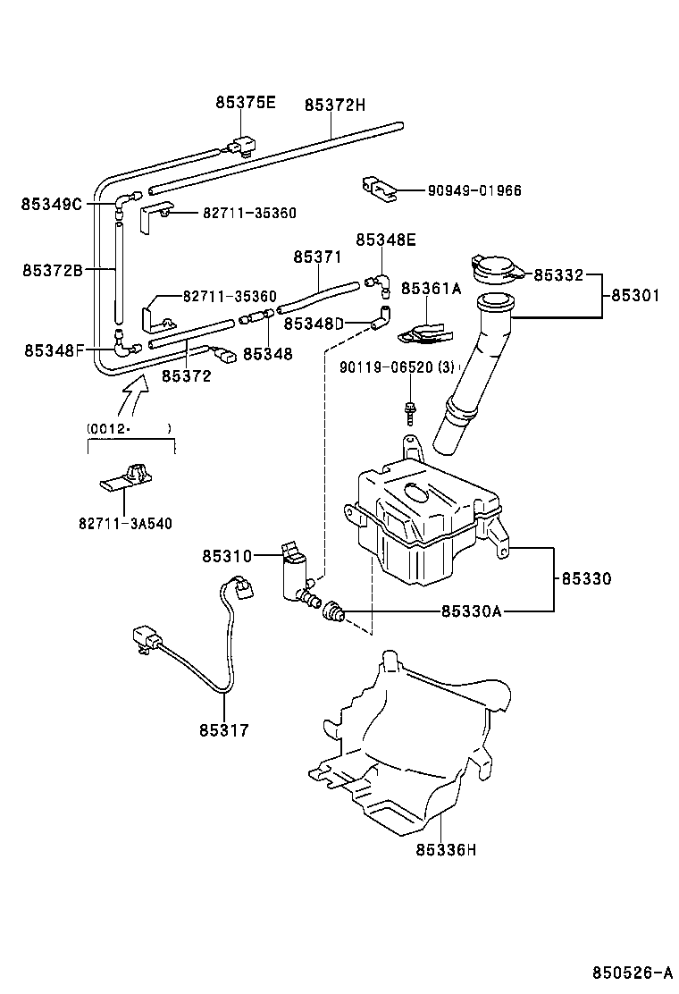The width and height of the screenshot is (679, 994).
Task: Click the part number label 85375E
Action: click(x=245, y=103)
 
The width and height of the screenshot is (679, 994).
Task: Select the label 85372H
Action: click(x=335, y=105)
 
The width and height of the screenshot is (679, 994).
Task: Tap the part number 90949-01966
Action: click(x=474, y=190)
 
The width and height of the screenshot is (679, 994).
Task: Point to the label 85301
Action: click(x=636, y=296)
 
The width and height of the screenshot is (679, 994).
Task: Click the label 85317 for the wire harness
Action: click(x=223, y=730)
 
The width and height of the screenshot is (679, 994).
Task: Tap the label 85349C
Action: click(x=52, y=204)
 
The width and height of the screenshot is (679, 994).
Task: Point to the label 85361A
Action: click(x=431, y=289)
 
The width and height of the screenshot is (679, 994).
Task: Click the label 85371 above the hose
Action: click(x=317, y=257)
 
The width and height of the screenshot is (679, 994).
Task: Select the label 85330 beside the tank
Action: click(x=587, y=578)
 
